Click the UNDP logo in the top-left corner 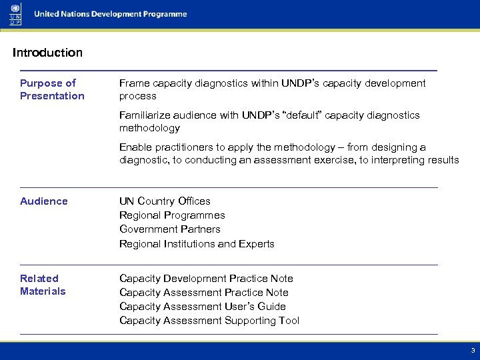(x=15, y=15)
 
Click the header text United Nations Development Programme (x=111, y=14)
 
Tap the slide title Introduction (x=47, y=53)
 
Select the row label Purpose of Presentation (x=52, y=89)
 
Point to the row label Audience (x=44, y=201)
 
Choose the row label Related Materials (x=43, y=285)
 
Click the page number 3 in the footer (x=473, y=350)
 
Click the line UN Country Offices (x=165, y=201)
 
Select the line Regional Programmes (x=172, y=215)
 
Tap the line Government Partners (x=169, y=229)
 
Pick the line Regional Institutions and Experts (x=197, y=244)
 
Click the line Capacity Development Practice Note (x=206, y=279)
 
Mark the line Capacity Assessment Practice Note (x=204, y=293)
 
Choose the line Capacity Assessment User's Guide (x=203, y=307)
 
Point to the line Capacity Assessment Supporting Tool (x=209, y=321)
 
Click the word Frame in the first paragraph (x=133, y=83)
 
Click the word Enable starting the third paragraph (x=135, y=147)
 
